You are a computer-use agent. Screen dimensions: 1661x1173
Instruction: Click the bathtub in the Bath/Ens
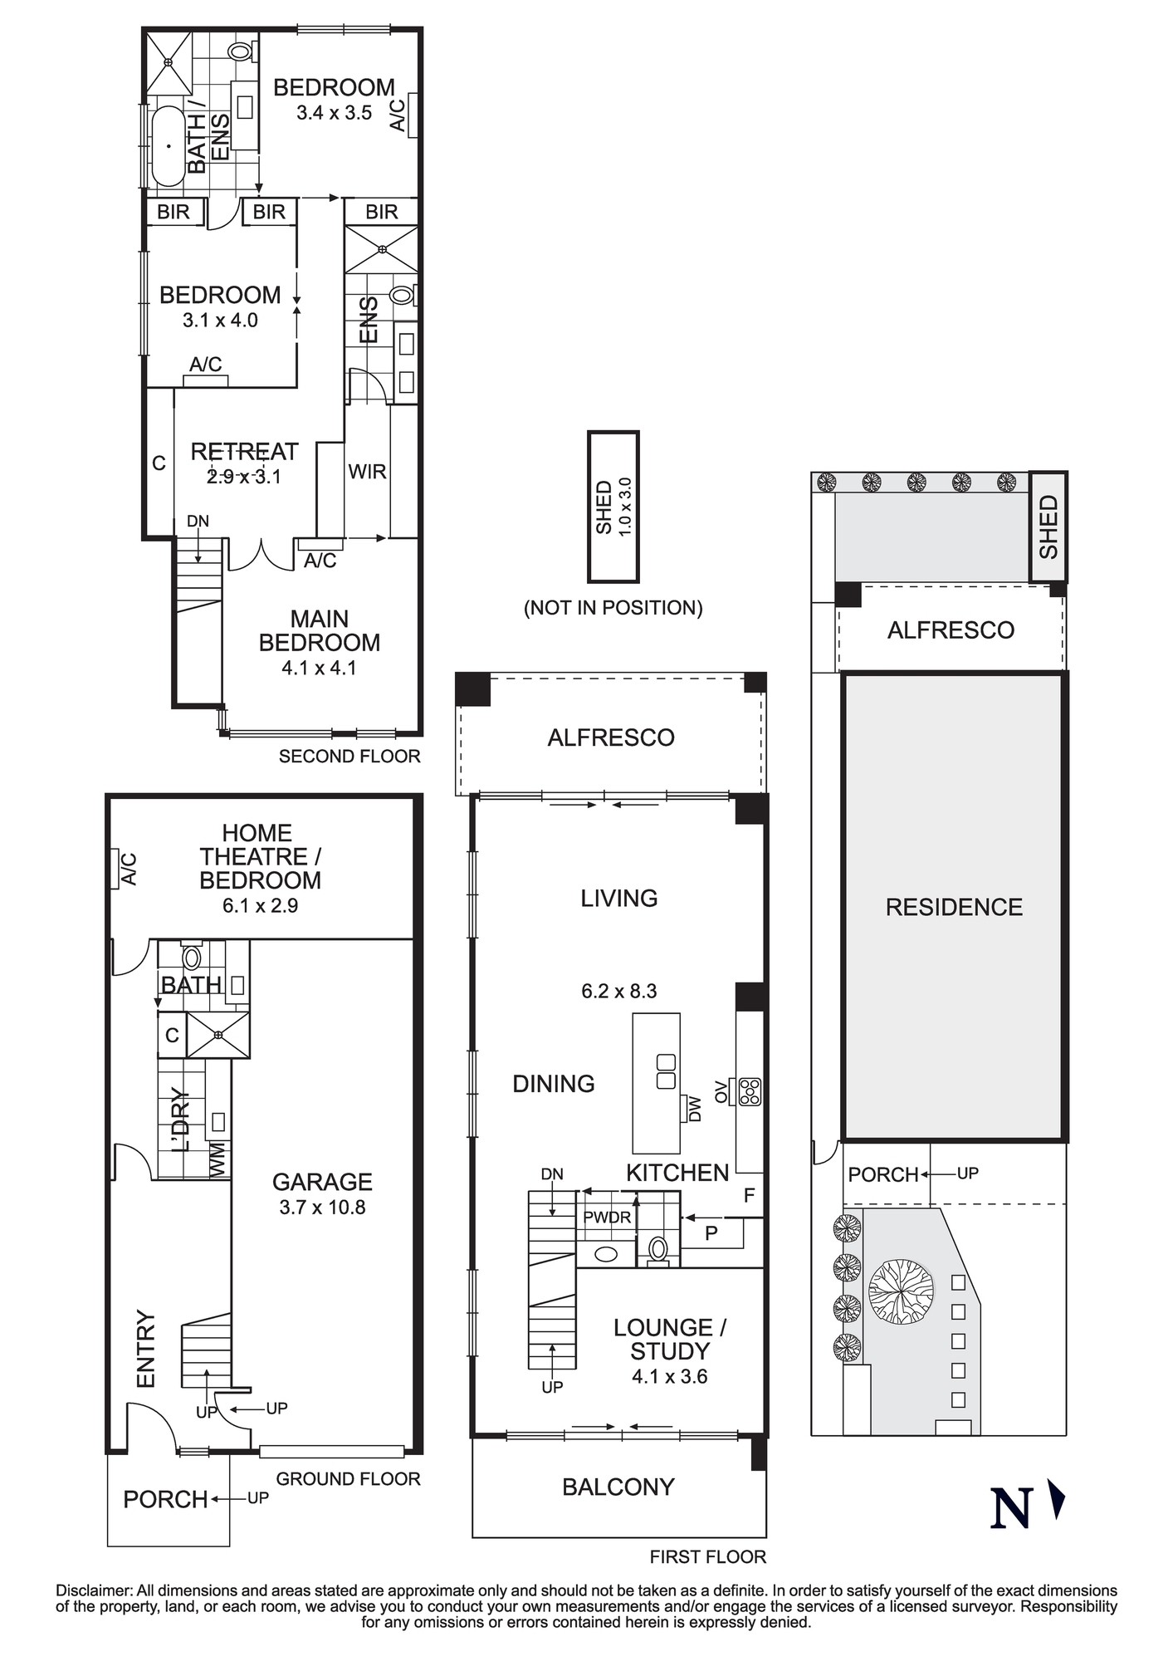tap(168, 146)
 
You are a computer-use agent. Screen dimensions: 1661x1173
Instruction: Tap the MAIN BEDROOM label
tap(319, 630)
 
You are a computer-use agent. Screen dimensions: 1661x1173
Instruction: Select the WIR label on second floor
tap(367, 472)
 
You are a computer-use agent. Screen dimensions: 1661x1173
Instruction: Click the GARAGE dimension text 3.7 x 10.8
tap(322, 1208)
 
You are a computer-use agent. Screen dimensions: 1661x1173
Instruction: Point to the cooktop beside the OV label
tap(750, 1091)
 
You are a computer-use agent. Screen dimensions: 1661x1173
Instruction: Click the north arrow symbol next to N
tap(1056, 1499)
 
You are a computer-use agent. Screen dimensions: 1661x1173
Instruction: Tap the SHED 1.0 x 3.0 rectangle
tap(613, 507)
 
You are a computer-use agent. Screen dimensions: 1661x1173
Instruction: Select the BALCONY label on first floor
tap(618, 1487)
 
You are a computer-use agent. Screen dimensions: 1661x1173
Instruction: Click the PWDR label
tap(607, 1218)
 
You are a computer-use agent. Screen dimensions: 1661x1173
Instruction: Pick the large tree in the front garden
tap(901, 1291)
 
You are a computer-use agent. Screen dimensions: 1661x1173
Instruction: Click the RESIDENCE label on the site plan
tap(954, 907)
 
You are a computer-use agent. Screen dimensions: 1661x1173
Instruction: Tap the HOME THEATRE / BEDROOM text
tap(260, 856)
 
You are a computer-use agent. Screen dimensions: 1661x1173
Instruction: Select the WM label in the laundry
tap(218, 1159)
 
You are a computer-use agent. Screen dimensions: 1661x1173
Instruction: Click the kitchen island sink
tap(666, 1071)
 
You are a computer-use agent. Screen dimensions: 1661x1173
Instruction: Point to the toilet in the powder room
tap(658, 1248)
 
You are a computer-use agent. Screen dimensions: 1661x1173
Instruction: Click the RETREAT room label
tap(244, 452)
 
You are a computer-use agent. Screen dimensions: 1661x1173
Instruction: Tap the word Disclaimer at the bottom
tap(94, 1590)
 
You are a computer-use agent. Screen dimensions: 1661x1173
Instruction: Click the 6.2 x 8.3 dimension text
tap(618, 991)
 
